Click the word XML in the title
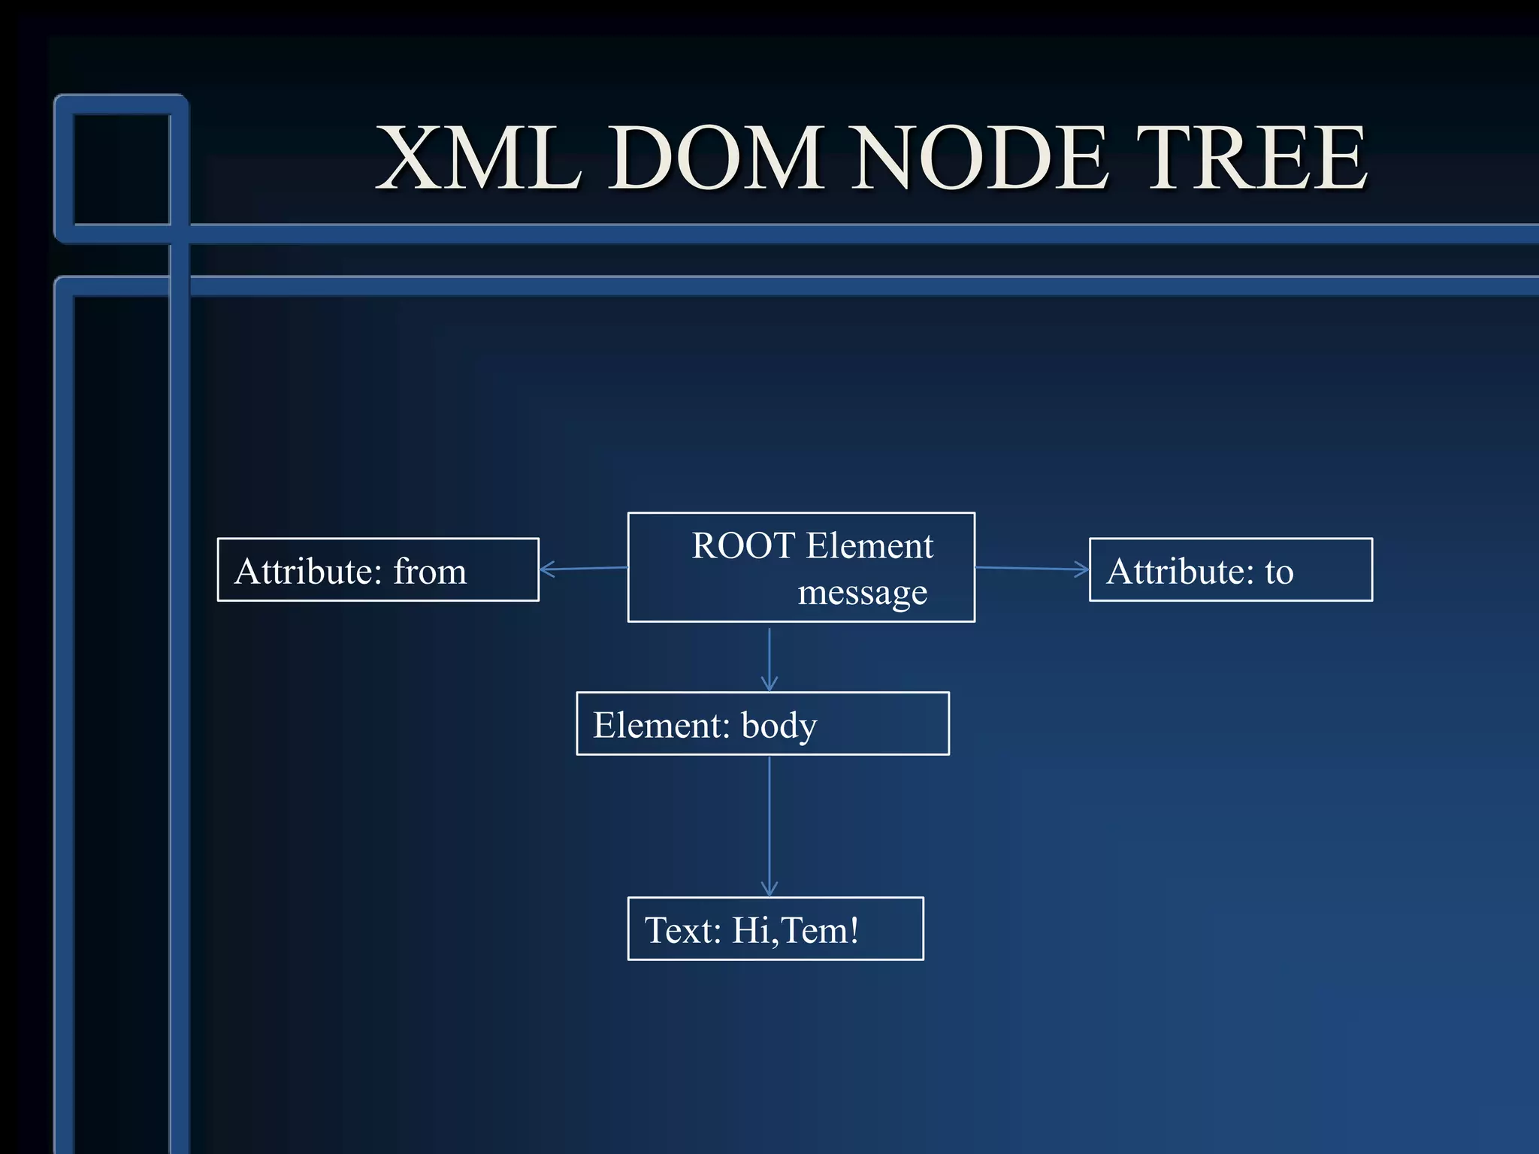tap(479, 158)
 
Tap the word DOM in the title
tap(716, 158)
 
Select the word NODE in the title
tap(981, 158)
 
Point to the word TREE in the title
tap(1251, 158)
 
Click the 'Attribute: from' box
tap(378, 569)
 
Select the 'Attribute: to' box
tap(1230, 569)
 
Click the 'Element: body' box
tap(762, 724)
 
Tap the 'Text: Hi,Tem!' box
tap(775, 929)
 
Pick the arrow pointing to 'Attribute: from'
tap(583, 569)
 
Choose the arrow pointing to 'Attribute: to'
tap(1032, 569)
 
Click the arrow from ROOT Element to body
tap(769, 658)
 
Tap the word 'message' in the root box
tap(862, 593)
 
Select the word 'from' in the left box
tap(430, 571)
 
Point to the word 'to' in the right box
tap(1279, 572)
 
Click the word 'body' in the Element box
tap(779, 726)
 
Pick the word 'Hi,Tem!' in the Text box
tap(795, 930)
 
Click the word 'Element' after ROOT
tap(869, 545)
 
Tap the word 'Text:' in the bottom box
tap(683, 930)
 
